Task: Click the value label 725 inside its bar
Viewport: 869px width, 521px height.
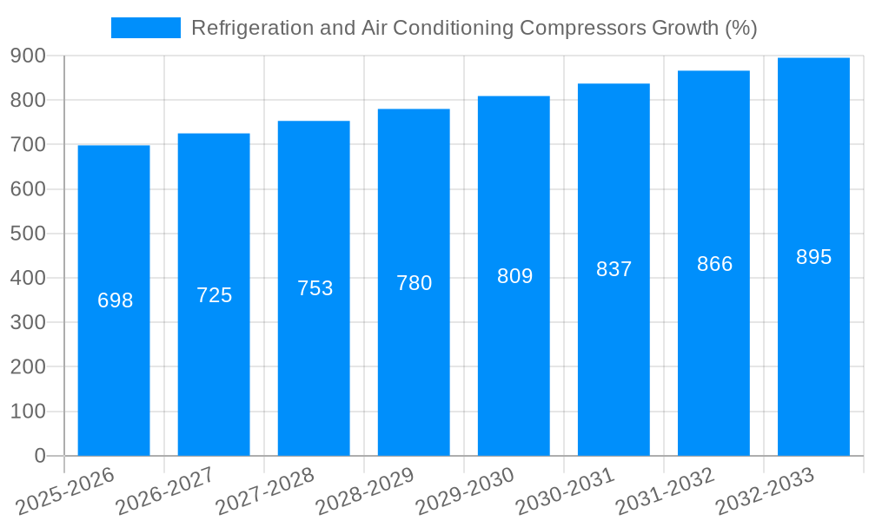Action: point(214,295)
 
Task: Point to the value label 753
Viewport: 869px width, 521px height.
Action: point(315,288)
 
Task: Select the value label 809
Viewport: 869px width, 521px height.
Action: point(514,276)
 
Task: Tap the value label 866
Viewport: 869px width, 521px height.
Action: point(714,264)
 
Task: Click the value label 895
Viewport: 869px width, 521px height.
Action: point(813,257)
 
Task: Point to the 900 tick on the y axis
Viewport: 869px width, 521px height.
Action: point(28,56)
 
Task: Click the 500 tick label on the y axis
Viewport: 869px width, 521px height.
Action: point(28,234)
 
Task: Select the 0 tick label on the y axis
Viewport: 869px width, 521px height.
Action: point(39,456)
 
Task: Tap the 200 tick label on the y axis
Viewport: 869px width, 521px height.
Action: point(28,367)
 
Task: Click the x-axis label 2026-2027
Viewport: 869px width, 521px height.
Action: point(166,491)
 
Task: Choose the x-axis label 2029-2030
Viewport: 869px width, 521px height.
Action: point(466,491)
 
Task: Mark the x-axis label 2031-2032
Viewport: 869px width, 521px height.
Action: point(666,491)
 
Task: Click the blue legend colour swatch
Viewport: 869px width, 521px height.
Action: point(146,28)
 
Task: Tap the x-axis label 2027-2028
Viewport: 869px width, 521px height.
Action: point(266,491)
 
